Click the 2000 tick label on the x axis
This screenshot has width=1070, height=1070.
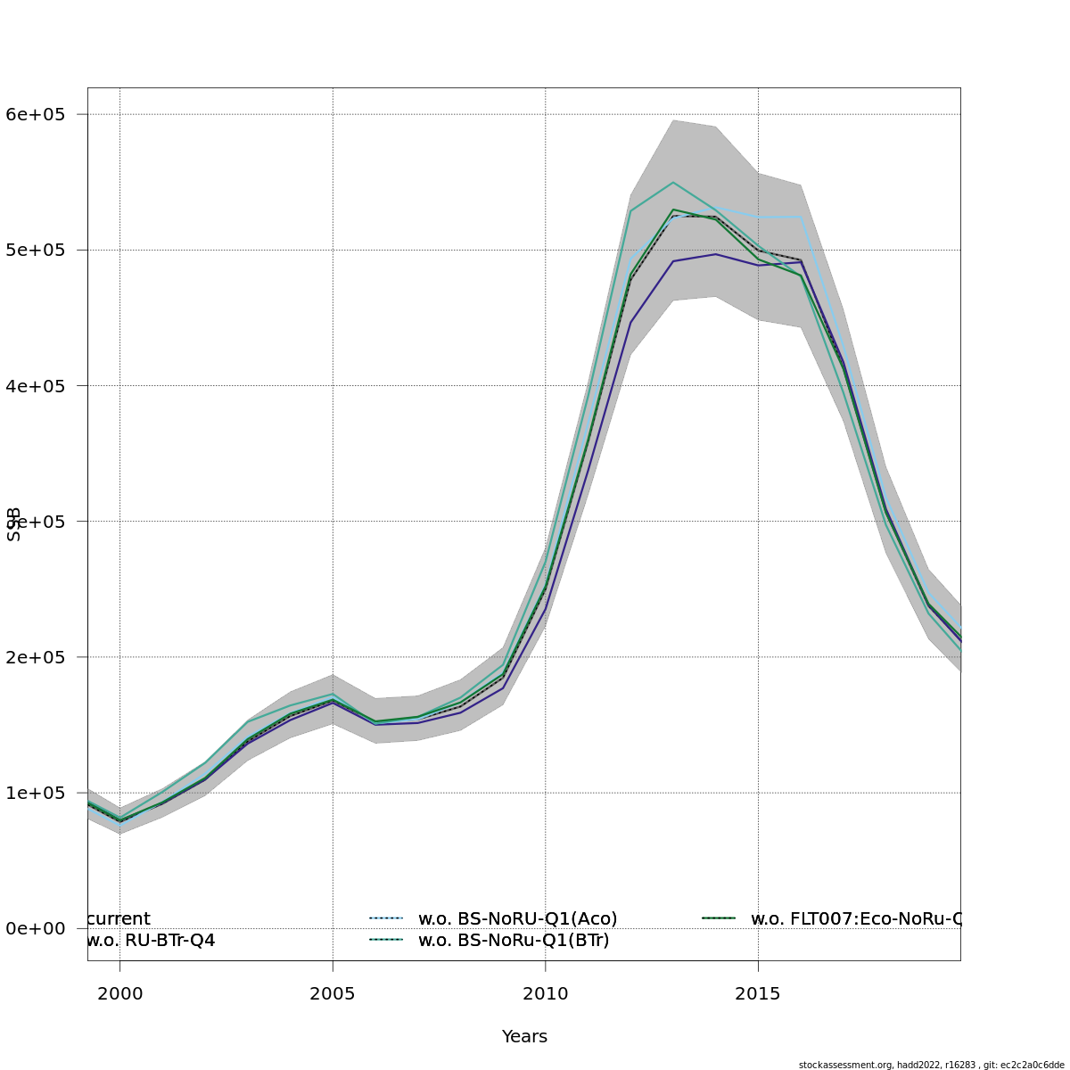(120, 993)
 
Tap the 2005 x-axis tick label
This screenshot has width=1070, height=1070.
(333, 993)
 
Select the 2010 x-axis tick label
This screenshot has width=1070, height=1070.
(546, 993)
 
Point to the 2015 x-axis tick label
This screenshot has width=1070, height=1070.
(758, 993)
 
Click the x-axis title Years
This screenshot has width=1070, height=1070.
(524, 1036)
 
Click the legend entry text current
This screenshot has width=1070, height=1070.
(119, 918)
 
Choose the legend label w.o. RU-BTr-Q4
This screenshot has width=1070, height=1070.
(152, 940)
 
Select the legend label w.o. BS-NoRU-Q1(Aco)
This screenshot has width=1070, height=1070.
(517, 918)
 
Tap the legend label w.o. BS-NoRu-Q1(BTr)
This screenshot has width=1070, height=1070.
(514, 940)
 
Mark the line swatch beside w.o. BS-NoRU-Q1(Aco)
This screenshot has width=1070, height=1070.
(386, 918)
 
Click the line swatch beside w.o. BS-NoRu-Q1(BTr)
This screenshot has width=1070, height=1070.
(386, 940)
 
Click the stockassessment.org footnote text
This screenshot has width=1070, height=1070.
(931, 1065)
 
